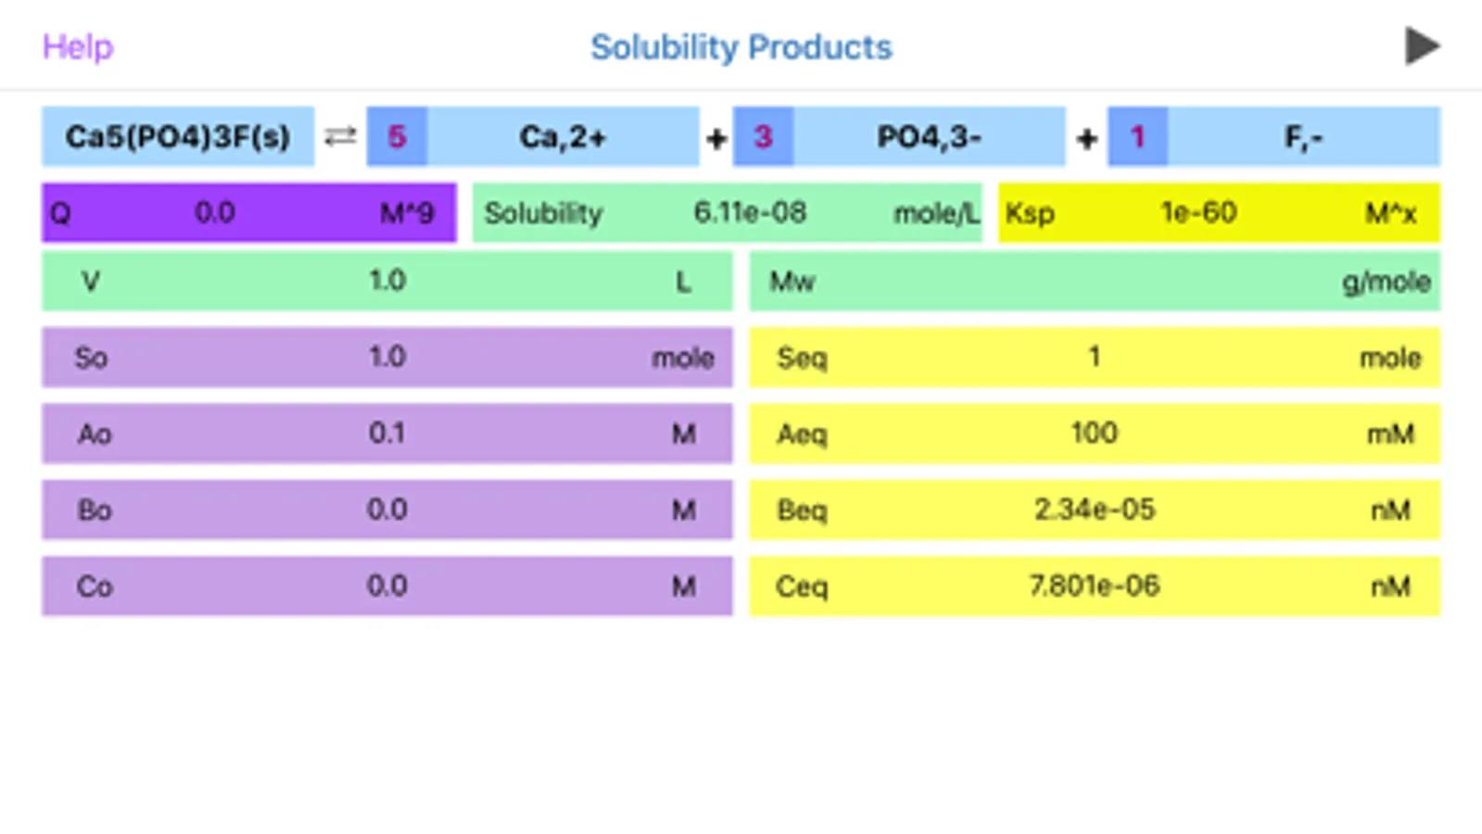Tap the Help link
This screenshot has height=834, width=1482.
[x=78, y=46]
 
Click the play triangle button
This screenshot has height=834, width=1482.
[x=1422, y=46]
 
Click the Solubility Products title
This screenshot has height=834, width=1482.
[x=741, y=47]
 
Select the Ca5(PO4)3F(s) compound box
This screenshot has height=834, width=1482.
[x=178, y=137]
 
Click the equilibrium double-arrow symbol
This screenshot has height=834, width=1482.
[x=340, y=137]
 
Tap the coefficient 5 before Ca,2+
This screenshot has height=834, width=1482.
[x=397, y=137]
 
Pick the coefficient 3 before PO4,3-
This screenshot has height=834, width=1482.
[x=763, y=137]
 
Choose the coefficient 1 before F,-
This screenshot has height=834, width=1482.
[x=1137, y=137]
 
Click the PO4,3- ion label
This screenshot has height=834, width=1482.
[x=929, y=137]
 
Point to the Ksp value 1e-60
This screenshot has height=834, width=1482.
[x=1198, y=213]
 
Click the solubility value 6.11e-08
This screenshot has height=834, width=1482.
[x=750, y=213]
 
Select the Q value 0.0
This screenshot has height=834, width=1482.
[x=214, y=213]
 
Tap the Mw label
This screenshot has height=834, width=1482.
[x=792, y=282]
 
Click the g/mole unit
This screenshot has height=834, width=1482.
[x=1386, y=282]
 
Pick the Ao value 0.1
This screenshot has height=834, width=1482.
[x=386, y=434]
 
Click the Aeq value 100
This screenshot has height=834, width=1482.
[x=1094, y=434]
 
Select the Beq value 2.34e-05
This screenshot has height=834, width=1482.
[x=1094, y=510]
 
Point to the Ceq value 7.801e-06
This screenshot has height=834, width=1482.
[x=1094, y=586]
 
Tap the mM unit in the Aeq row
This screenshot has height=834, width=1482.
[x=1390, y=434]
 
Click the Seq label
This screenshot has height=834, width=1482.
[x=802, y=358]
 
